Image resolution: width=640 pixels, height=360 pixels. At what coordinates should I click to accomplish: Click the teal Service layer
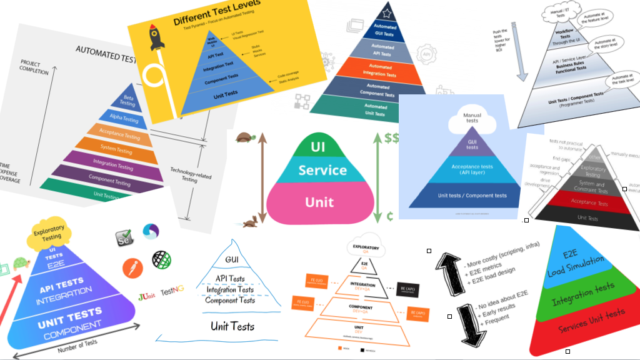pos(322,170)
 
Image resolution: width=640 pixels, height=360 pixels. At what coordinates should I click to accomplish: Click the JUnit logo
pos(146,291)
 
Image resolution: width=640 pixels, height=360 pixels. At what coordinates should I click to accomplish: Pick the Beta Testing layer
pos(129,100)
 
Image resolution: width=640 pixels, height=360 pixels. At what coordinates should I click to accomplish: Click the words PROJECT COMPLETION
pos(34,67)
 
